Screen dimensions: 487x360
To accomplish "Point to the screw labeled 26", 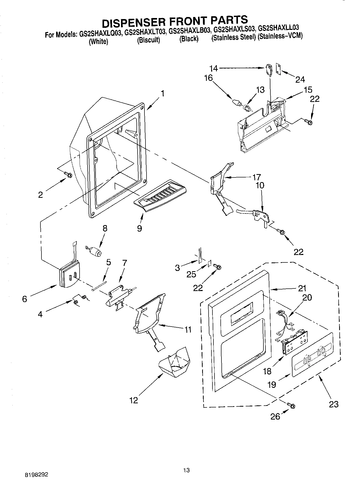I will [x=293, y=406].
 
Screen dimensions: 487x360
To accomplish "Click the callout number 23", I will [x=333, y=404].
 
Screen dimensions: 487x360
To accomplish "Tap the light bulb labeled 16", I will [x=236, y=102].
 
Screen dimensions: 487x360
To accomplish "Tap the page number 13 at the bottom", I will [x=186, y=441].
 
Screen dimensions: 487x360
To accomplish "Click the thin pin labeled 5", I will [x=99, y=286].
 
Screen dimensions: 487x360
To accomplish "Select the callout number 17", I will [x=256, y=177].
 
